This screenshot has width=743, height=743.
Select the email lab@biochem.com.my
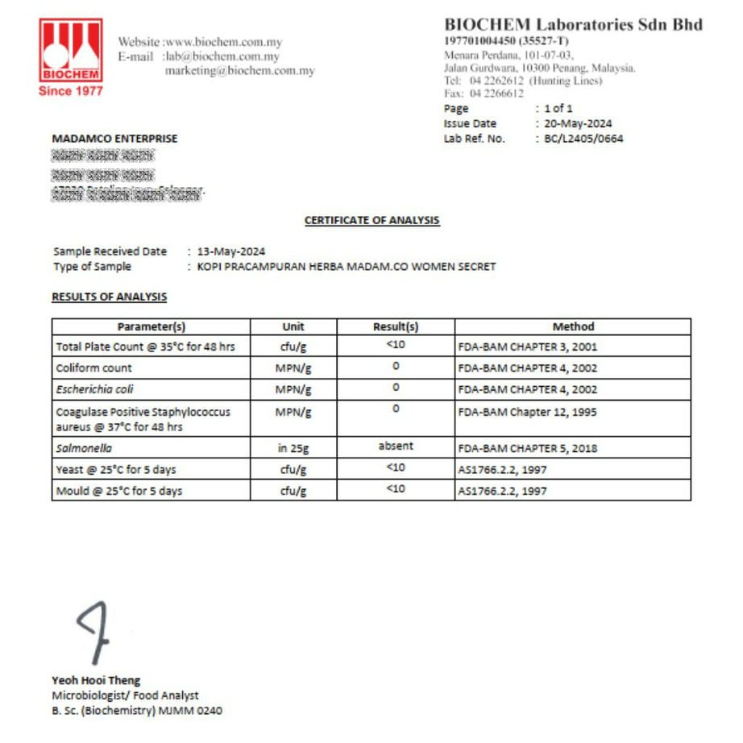[222, 56]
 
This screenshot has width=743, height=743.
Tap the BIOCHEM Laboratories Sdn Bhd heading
[573, 24]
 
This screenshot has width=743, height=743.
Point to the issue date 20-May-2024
[578, 123]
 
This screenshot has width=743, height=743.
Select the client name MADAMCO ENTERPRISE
[114, 139]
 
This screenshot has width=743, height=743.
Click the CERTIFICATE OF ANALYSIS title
[371, 220]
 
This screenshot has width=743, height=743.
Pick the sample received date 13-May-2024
[231, 251]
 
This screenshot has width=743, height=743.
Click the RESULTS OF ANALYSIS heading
[110, 297]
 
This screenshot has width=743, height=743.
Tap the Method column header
[573, 326]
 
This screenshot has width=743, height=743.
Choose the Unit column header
[293, 326]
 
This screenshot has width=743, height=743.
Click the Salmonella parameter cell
[84, 448]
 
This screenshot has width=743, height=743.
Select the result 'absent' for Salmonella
[396, 446]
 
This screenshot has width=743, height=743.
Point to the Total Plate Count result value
[396, 346]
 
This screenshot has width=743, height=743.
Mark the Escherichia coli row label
[95, 389]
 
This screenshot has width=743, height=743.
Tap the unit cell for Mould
[293, 491]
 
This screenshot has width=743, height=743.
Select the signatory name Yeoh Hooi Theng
[96, 680]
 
